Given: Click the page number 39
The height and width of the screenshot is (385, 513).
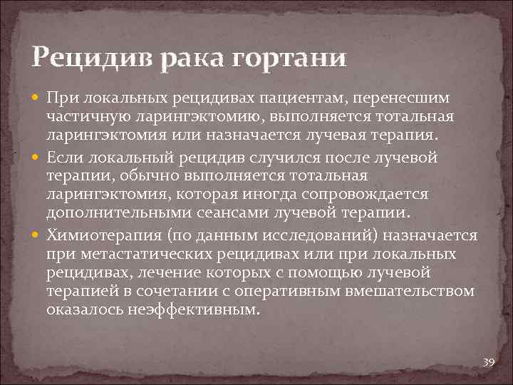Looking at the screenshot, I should [488, 362].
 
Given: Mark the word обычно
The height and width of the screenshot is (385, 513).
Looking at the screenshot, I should [150, 176].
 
